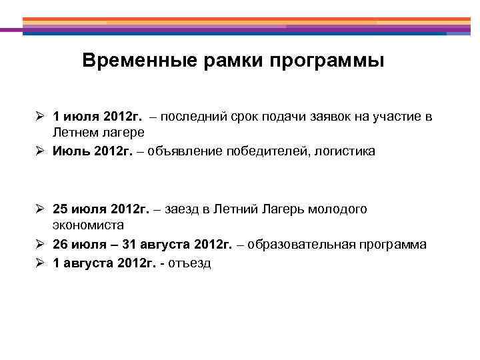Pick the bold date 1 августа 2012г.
point(105,263)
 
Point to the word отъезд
point(191,263)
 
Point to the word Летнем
point(75,134)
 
